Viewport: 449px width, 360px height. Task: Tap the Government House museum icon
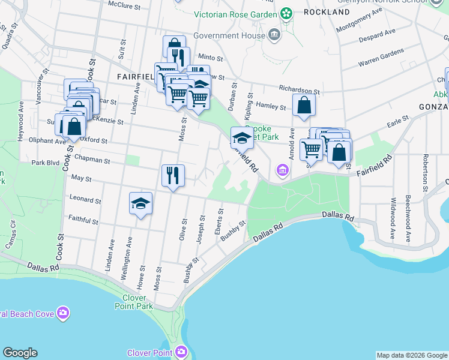[x=274, y=34]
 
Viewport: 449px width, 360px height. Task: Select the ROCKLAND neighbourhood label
[x=327, y=12]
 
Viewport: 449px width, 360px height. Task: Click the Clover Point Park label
[x=134, y=302]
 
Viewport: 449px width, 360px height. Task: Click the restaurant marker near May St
[x=173, y=176]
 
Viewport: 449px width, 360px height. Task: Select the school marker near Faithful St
[x=140, y=204]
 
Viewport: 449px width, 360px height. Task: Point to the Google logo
[x=20, y=353]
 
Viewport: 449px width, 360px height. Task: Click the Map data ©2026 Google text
[x=411, y=355]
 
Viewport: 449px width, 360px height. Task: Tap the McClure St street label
[x=123, y=4]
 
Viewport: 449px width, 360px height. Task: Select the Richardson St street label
[x=300, y=89]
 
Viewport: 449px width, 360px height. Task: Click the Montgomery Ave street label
[x=360, y=20]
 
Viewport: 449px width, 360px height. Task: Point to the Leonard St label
[x=86, y=199]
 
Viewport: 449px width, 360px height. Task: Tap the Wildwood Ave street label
[x=392, y=220]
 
